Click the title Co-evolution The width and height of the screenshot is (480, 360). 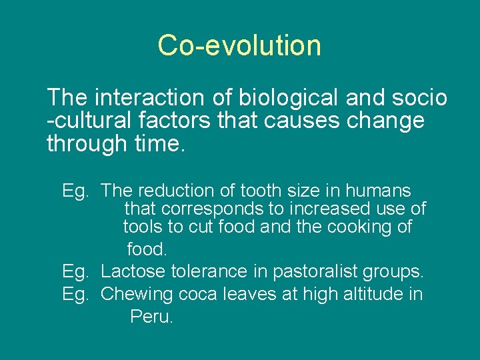click(x=239, y=45)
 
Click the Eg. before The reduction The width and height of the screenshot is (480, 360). click(x=75, y=191)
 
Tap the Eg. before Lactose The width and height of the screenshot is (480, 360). click(x=75, y=272)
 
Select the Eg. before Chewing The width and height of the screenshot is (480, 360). click(x=75, y=294)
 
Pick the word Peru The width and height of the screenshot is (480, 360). click(x=151, y=317)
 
